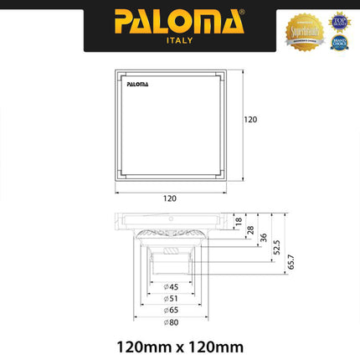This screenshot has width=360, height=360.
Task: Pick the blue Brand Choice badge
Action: [x=338, y=41]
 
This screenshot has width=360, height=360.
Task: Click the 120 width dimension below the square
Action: [x=170, y=198]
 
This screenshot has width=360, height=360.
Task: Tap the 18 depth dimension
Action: [x=239, y=222]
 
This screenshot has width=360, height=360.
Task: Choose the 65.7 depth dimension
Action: [x=291, y=261]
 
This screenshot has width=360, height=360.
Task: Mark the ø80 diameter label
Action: [x=171, y=321]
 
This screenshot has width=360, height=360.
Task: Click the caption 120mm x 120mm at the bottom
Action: [x=179, y=344]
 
